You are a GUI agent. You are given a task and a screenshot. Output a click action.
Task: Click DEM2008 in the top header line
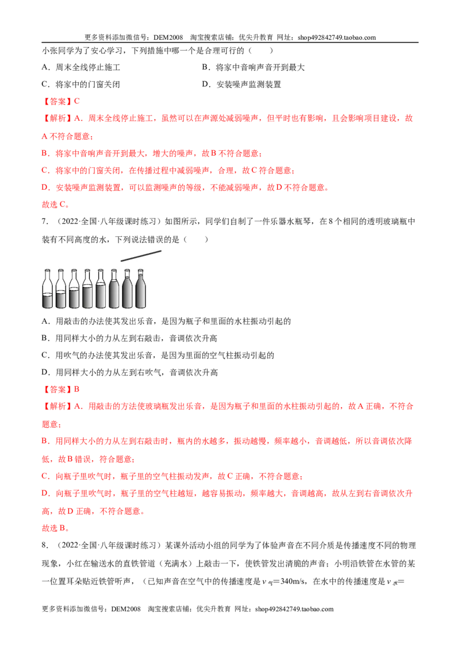(x=168, y=37)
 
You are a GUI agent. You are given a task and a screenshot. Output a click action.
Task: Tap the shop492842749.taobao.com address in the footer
(x=294, y=609)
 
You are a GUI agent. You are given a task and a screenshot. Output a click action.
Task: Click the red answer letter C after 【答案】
(x=77, y=101)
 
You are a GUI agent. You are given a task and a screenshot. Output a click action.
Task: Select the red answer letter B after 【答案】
(x=77, y=389)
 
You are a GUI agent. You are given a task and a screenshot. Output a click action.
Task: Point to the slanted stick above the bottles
(x=141, y=256)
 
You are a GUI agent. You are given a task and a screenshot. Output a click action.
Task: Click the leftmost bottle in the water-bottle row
(x=48, y=289)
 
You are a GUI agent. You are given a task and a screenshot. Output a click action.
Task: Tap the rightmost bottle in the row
(x=140, y=289)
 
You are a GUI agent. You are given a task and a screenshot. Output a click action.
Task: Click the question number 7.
(x=45, y=221)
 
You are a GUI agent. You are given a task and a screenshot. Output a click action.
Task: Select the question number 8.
(x=45, y=545)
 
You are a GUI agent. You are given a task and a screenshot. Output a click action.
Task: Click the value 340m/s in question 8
(x=293, y=581)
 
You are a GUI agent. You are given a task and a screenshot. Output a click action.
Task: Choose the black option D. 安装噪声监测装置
(x=241, y=85)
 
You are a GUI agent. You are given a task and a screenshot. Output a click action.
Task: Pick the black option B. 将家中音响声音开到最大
(x=253, y=67)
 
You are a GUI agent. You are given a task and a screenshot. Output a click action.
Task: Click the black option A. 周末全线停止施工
(x=81, y=67)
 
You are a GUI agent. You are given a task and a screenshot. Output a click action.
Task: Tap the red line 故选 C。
(x=56, y=204)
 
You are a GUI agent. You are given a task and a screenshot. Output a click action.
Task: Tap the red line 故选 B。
(x=56, y=528)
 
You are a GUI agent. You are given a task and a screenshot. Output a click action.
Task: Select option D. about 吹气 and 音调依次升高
(x=130, y=373)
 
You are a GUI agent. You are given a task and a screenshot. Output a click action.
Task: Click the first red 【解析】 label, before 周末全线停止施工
(x=57, y=118)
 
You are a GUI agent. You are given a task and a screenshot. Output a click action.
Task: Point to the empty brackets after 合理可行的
(x=260, y=51)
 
